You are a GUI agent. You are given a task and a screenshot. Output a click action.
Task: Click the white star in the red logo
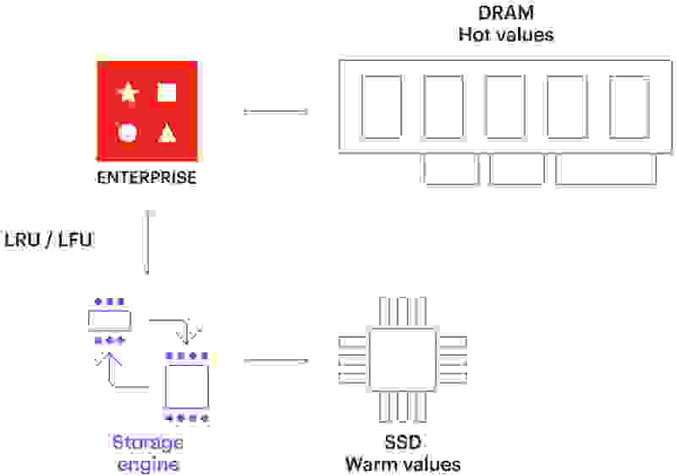(x=128, y=92)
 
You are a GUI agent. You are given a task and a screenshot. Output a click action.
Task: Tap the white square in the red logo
(x=167, y=92)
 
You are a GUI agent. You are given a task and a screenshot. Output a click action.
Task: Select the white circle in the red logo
(x=128, y=132)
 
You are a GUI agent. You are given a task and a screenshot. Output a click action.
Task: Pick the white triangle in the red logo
(x=168, y=132)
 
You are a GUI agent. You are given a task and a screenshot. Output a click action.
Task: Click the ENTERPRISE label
(x=146, y=179)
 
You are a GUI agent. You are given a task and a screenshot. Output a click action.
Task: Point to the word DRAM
(x=505, y=14)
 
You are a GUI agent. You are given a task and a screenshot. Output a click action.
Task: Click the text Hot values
(x=505, y=36)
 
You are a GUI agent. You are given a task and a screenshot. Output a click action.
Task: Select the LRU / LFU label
(x=48, y=240)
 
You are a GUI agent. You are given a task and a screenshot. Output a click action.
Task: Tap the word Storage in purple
(x=147, y=443)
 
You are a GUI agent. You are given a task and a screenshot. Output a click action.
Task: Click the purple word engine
(x=147, y=463)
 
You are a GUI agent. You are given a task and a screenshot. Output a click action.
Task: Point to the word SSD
(x=402, y=443)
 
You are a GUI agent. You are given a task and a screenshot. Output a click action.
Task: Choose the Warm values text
(x=402, y=464)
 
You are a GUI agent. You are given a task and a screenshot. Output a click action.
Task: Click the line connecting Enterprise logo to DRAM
(x=275, y=112)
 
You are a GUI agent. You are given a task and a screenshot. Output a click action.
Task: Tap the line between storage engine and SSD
(x=275, y=361)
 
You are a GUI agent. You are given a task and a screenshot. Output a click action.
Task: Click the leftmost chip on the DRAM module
(x=382, y=107)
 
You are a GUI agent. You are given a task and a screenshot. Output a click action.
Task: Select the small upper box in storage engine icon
(x=110, y=320)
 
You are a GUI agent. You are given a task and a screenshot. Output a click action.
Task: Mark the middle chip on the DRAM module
(x=506, y=107)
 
